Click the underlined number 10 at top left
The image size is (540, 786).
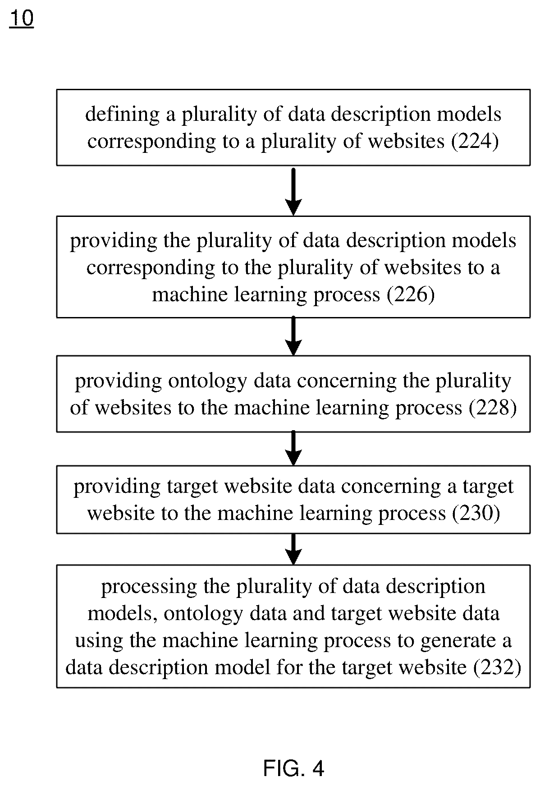click(21, 19)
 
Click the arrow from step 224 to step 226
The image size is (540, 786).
click(293, 191)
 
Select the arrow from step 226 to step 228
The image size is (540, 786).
click(293, 336)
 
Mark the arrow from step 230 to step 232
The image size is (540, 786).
click(293, 549)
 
